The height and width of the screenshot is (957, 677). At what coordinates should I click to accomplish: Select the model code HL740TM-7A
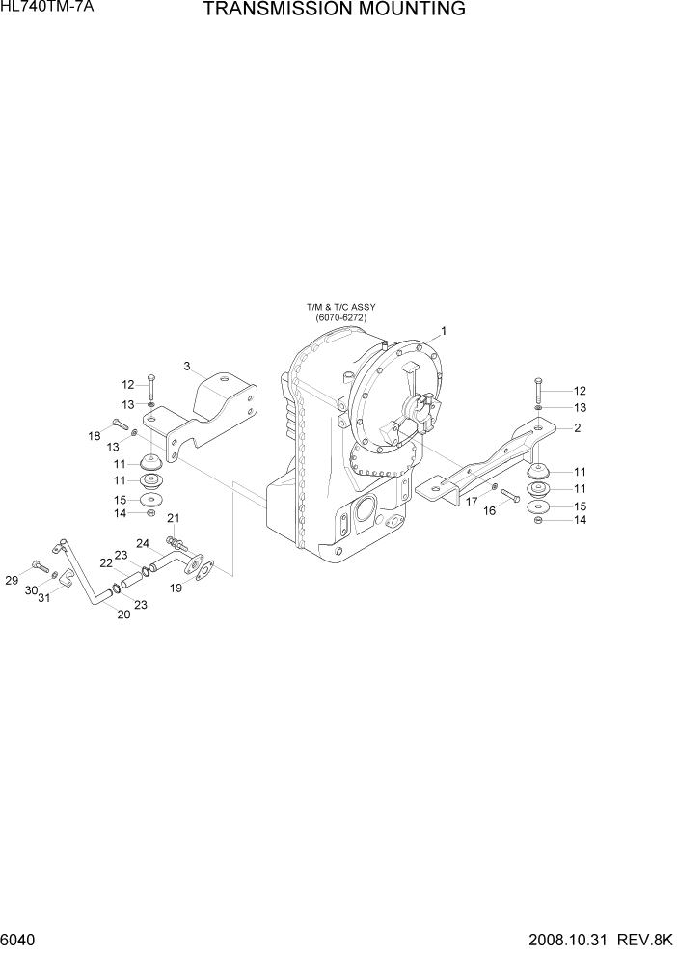click(41, 8)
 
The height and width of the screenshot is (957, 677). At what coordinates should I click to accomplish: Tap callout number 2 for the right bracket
click(577, 427)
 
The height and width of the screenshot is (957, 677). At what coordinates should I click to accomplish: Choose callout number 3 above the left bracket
click(188, 366)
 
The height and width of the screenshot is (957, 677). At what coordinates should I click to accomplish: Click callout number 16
click(489, 510)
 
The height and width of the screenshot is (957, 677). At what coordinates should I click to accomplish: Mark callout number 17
click(472, 501)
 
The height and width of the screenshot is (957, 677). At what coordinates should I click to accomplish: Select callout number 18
click(95, 437)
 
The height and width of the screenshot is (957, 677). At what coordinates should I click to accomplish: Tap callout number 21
click(174, 518)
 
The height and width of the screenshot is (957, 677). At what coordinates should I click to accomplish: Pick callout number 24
click(141, 543)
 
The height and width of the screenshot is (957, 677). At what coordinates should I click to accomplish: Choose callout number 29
click(12, 580)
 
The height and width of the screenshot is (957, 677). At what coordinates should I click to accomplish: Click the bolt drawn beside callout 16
click(510, 496)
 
